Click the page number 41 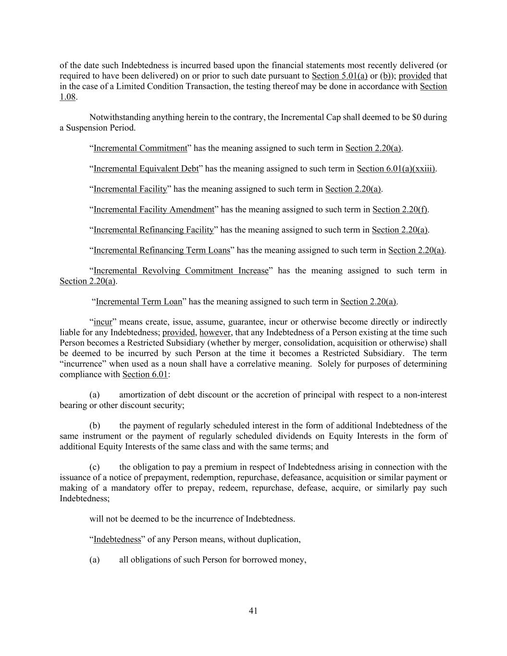[253, 611]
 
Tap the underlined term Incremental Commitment [140, 148]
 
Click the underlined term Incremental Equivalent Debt [146, 169]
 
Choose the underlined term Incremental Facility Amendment [154, 210]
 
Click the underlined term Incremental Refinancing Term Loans [162, 250]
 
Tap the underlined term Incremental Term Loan [139, 302]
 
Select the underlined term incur [103, 322]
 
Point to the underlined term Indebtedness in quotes [117, 539]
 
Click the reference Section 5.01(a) [339, 76]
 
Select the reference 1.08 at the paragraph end [67, 97]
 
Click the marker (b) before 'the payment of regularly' [95, 426]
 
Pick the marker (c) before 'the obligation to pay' [95, 467]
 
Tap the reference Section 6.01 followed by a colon [145, 374]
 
